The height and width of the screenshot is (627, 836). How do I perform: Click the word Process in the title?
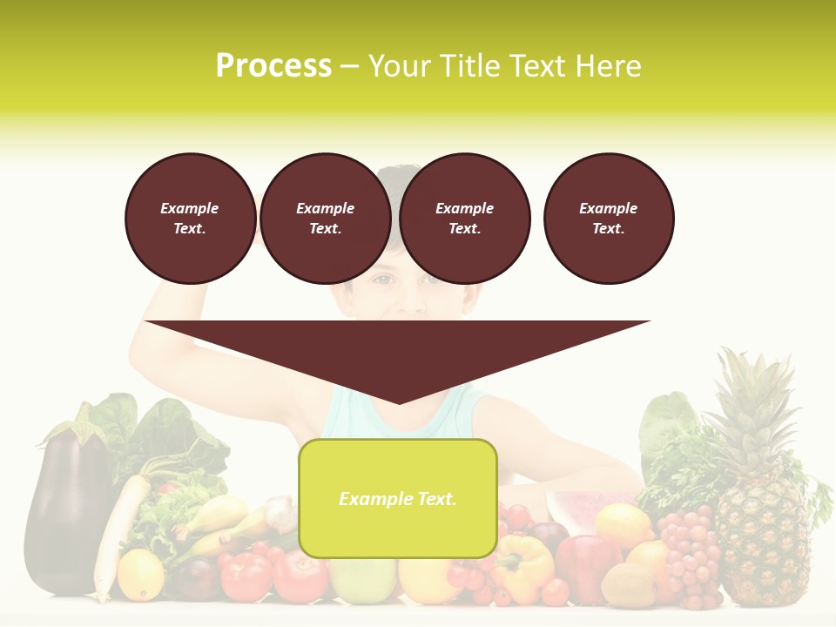[273, 66]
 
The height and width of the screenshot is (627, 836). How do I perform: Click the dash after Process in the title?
[350, 67]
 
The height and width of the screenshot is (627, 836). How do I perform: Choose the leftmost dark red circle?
[190, 219]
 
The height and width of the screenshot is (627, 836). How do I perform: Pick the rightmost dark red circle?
[608, 219]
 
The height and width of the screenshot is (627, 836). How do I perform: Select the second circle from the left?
[325, 219]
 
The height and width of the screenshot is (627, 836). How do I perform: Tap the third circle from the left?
[464, 219]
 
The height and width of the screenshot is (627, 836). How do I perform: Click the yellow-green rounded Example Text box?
[398, 498]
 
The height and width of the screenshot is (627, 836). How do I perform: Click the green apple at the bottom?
[361, 582]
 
